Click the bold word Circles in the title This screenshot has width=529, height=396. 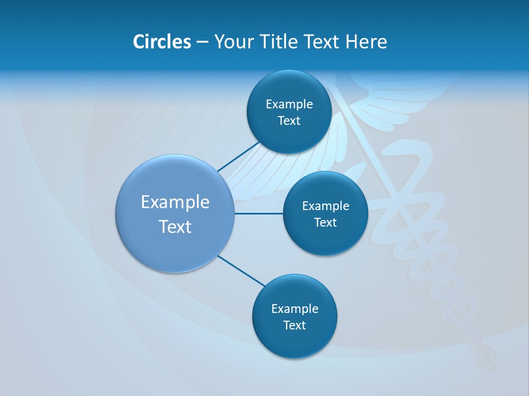click(161, 41)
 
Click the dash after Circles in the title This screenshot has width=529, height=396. click(202, 42)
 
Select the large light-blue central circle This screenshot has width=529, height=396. click(175, 248)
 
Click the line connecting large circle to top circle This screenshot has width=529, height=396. click(238, 156)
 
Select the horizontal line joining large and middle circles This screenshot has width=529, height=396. click(258, 213)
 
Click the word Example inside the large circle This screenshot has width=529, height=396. click(175, 202)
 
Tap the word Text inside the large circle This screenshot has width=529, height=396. click(175, 227)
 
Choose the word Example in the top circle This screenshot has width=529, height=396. click(289, 104)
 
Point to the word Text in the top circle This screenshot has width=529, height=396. click(289, 120)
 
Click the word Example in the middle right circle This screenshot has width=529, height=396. click(325, 206)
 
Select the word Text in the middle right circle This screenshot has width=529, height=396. click(325, 222)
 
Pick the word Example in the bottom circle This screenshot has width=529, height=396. click(294, 309)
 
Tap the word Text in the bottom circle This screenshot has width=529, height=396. click(294, 325)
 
